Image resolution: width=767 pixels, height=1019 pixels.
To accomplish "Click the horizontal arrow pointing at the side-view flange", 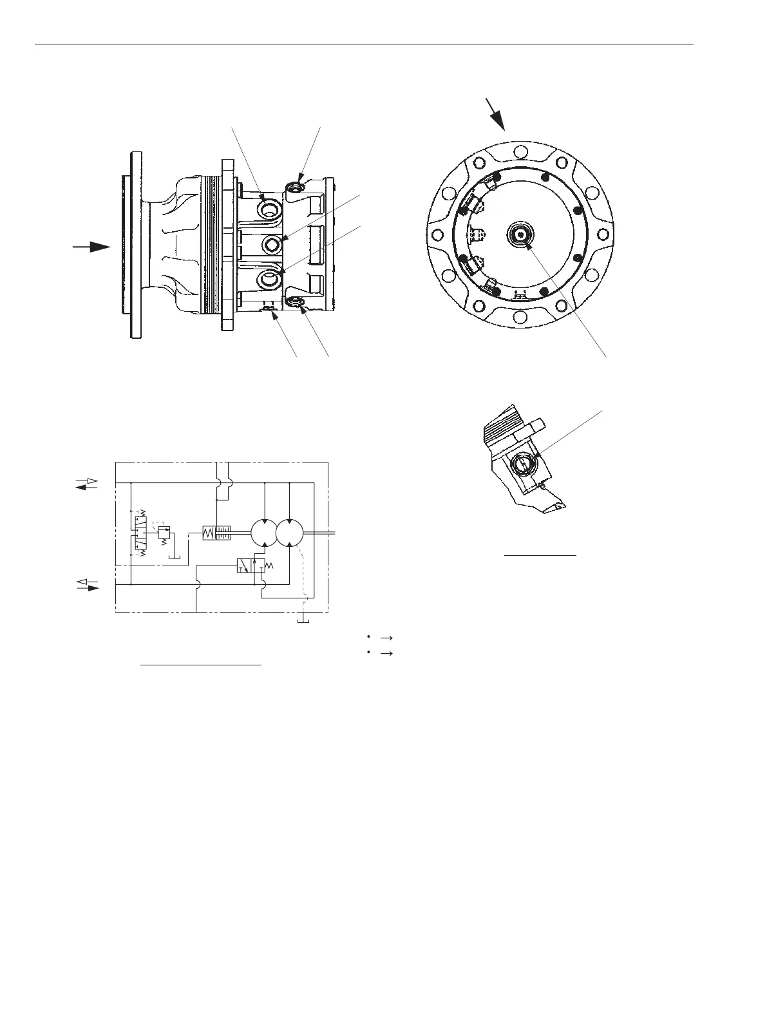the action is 91,247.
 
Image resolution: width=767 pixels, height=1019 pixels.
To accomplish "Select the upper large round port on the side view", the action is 269,209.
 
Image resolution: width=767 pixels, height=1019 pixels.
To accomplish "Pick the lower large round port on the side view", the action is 270,278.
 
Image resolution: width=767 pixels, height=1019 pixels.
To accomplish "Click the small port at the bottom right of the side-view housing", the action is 296,303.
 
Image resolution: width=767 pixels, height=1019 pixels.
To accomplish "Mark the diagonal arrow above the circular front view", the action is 496,115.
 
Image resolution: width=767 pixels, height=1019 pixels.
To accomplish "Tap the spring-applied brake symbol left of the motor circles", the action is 217,533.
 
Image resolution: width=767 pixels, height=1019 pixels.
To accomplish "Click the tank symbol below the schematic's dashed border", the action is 301,619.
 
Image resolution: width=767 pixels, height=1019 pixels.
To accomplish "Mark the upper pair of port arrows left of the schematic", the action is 86,484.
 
